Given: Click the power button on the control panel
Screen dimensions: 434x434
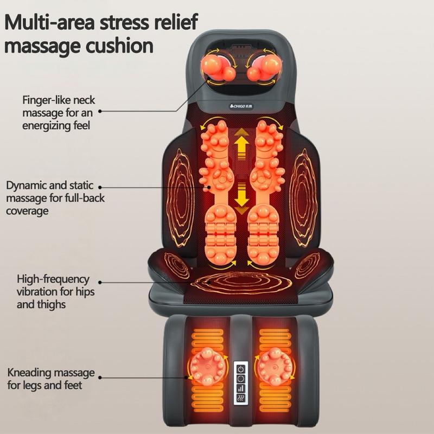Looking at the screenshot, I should pos(241,368).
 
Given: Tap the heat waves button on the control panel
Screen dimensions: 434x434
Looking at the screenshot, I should pos(241,399).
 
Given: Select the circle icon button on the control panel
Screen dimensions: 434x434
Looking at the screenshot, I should pos(241,378).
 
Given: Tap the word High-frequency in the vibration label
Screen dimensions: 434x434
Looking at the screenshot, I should pos(53,279).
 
